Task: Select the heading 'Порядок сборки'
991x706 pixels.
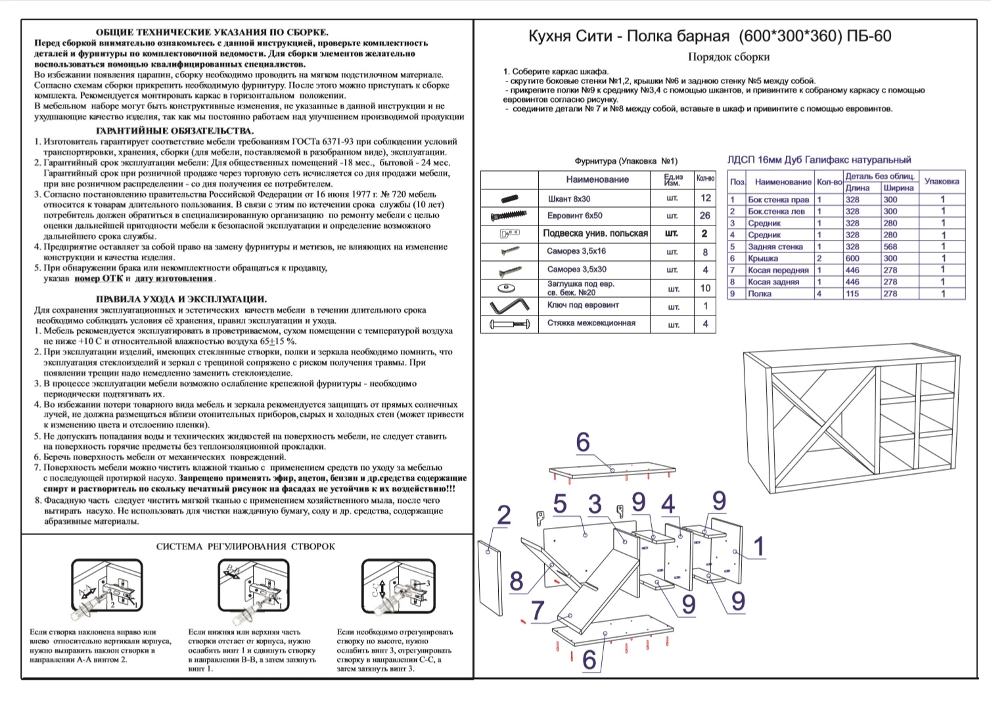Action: [729, 57]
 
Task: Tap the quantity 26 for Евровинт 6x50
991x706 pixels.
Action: [704, 216]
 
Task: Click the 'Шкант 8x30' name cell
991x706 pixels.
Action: [569, 199]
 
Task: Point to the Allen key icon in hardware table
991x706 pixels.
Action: [509, 306]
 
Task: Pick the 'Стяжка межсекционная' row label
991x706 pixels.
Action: [591, 323]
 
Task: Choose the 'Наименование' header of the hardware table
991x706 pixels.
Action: [597, 179]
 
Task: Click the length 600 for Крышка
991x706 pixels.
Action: [852, 258]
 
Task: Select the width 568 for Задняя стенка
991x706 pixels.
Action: [890, 247]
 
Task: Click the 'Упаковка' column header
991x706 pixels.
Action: [942, 181]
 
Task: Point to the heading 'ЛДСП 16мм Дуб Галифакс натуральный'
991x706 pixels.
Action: [819, 160]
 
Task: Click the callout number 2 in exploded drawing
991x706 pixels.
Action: [504, 515]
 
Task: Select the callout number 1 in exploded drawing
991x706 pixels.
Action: [759, 546]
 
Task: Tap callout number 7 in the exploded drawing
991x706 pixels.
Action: [538, 611]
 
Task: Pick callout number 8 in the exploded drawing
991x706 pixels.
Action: [517, 581]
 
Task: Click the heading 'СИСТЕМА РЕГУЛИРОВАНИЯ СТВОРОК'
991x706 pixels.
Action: [245, 546]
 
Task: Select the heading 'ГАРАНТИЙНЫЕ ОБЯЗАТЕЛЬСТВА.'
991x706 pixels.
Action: [175, 131]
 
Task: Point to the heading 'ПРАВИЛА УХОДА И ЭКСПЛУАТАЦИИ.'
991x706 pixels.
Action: [181, 299]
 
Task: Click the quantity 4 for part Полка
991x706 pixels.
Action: [819, 294]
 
